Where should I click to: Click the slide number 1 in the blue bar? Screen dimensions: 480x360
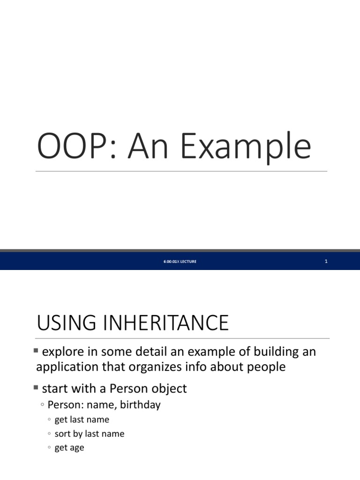tap(326, 262)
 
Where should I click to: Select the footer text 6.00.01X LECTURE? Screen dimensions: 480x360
tap(180, 262)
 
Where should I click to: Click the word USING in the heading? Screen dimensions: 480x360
tap(65, 323)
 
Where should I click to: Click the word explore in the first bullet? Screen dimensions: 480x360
tap(60, 352)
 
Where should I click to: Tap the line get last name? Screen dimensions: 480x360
tap(82, 420)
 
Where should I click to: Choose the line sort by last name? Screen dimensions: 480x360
tap(89, 434)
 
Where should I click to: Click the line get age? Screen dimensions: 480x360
tap(69, 448)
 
